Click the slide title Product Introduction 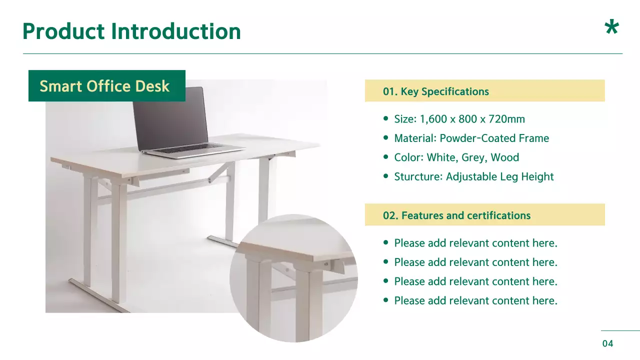click(131, 31)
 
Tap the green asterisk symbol click(611, 28)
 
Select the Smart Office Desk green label click(106, 86)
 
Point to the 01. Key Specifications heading click(435, 91)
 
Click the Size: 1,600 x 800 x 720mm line click(459, 119)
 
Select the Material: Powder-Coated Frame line click(471, 138)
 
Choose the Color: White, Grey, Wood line click(456, 157)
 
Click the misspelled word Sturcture click(418, 176)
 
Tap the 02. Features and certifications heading click(456, 215)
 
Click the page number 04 click(607, 343)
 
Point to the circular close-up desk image click(294, 278)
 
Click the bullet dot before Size click(385, 119)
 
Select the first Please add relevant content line click(475, 243)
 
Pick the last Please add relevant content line click(475, 300)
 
